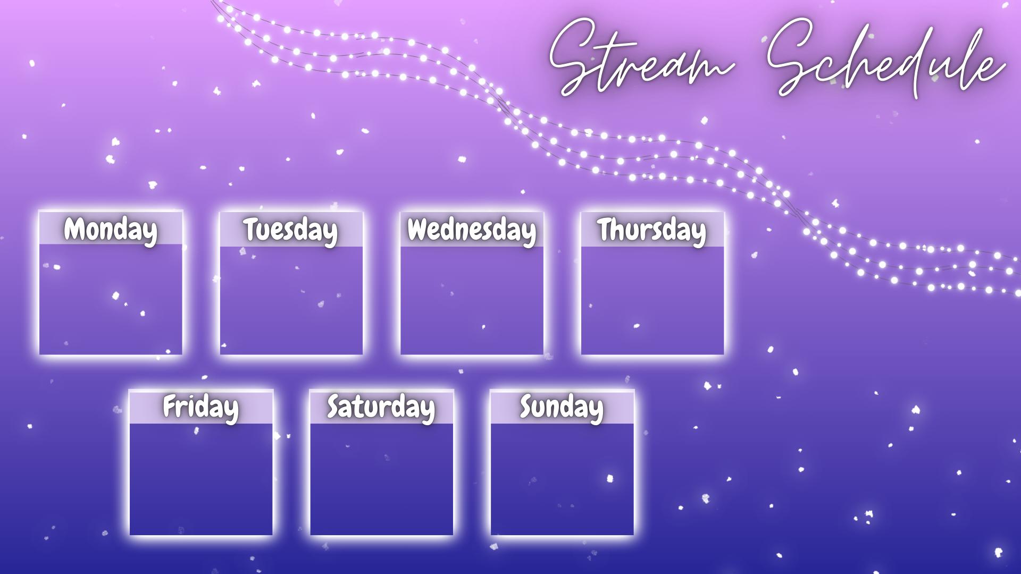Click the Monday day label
(x=111, y=230)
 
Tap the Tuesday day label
(x=291, y=230)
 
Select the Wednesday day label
(x=472, y=230)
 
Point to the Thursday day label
(x=652, y=230)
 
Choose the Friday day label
(x=200, y=407)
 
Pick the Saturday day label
(x=381, y=407)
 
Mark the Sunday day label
(x=562, y=407)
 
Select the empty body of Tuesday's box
(x=291, y=300)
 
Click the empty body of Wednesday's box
(x=472, y=300)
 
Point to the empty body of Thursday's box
(x=652, y=300)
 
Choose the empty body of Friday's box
(x=200, y=478)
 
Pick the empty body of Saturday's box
(x=381, y=478)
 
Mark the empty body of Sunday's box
(x=562, y=478)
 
